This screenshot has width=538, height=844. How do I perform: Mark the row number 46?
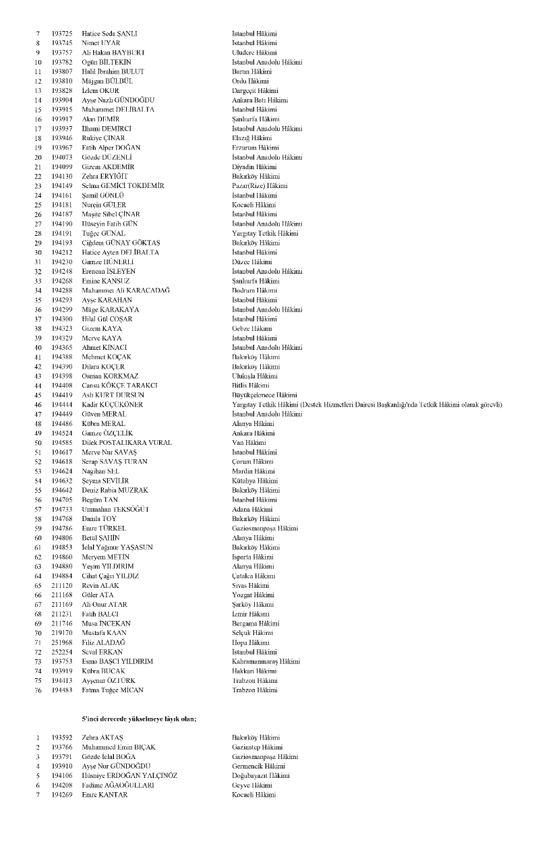[38, 404]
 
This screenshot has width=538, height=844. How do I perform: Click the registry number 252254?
[63, 652]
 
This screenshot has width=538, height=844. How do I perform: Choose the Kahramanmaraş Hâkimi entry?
[266, 661]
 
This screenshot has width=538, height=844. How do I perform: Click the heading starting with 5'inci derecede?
[139, 719]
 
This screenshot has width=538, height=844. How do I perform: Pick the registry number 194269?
[63, 795]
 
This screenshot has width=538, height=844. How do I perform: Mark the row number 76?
[38, 690]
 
